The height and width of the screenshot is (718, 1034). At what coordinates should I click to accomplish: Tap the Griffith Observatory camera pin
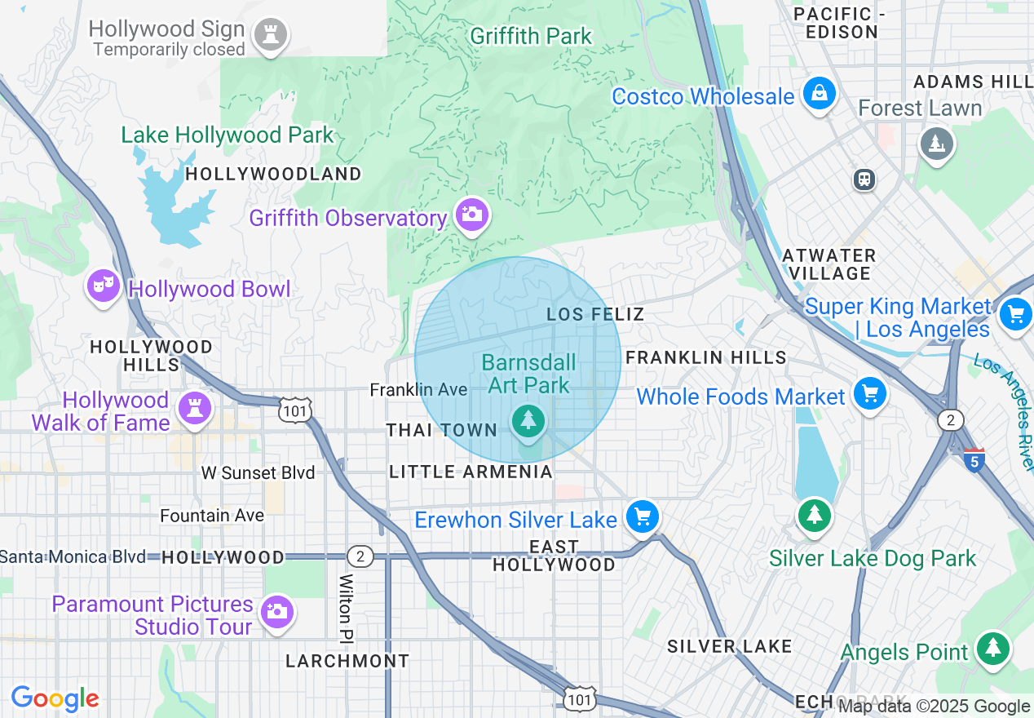(471, 215)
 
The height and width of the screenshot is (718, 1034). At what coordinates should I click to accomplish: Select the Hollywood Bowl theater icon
(104, 286)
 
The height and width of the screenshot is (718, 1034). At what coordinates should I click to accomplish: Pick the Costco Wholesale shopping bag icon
(819, 94)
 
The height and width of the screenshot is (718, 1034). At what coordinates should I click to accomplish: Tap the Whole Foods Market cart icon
(869, 395)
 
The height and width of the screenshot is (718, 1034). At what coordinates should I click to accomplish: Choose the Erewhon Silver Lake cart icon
(643, 516)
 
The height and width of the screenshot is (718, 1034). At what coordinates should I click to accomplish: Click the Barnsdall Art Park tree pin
(528, 421)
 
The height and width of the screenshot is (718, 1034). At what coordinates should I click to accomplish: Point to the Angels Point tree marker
(992, 649)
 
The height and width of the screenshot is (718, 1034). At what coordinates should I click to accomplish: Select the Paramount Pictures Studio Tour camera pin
(276, 612)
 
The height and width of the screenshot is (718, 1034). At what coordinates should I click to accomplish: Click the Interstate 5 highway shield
(974, 459)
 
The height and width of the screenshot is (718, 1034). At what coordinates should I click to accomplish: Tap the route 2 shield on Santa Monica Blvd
(360, 556)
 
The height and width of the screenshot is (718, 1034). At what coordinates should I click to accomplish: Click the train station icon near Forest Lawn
(864, 179)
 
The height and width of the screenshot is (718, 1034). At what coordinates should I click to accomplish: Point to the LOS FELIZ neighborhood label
(595, 314)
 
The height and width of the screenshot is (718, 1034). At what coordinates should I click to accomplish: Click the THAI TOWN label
(441, 430)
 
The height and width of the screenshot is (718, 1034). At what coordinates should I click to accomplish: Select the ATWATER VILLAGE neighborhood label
(829, 264)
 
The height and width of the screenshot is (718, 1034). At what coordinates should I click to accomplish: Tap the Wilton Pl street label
(347, 606)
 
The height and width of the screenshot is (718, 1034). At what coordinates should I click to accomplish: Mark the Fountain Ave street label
(212, 516)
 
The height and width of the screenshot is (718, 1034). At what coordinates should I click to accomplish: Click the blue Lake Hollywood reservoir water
(175, 204)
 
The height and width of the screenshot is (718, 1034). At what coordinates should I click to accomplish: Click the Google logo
(55, 698)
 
